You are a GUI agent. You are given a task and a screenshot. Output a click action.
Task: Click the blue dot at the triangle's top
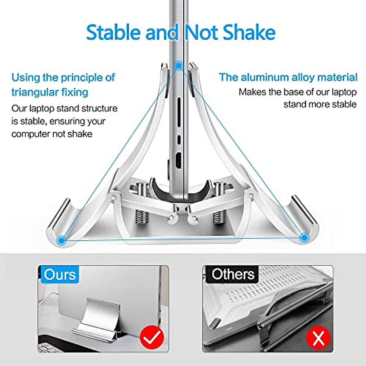(178, 65)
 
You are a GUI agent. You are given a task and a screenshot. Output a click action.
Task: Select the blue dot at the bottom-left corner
(62, 240)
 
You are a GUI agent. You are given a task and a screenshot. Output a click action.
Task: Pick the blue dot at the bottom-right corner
(303, 238)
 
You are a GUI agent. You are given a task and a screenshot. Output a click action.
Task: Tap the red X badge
(318, 338)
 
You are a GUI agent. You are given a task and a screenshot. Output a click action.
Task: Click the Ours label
(60, 274)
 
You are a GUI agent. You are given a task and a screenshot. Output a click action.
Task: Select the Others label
(233, 274)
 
